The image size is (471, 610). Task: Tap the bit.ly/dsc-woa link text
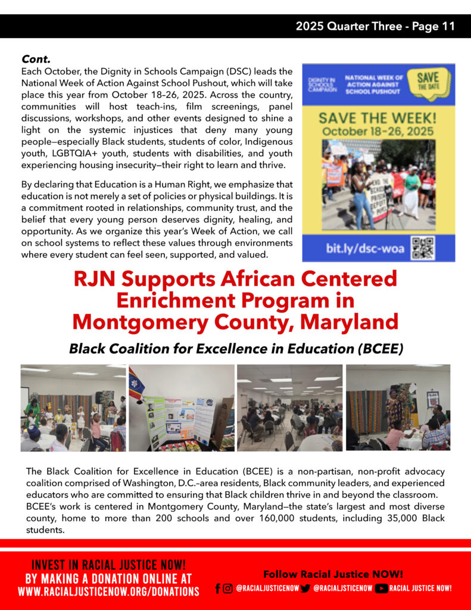364,248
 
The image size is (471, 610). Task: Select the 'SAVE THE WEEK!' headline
378,118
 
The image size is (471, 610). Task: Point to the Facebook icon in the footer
218,588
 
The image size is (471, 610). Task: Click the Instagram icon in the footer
227,588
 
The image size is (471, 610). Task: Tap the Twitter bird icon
305,588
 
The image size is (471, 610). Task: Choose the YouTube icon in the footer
381,588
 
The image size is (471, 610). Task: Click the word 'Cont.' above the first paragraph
36,59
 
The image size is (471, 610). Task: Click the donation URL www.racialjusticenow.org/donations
108,592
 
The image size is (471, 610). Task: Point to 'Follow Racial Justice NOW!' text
333,574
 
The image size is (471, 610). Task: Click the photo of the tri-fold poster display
182,407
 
